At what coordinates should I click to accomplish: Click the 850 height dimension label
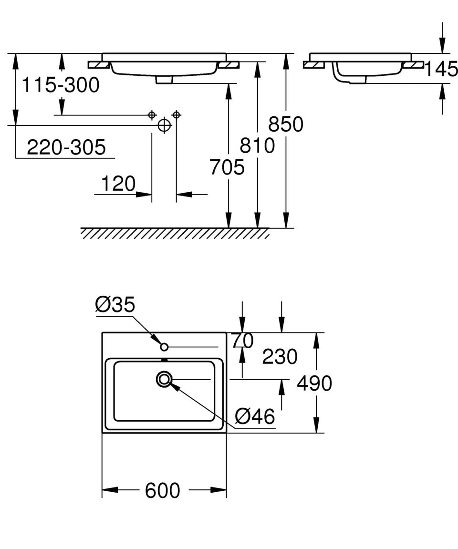(286, 124)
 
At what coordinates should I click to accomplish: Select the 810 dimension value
(257, 145)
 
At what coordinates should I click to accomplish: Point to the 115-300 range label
(61, 85)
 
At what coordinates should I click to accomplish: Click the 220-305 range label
(66, 147)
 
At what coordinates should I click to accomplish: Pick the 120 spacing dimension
(118, 184)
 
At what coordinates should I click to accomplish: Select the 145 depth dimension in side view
(441, 69)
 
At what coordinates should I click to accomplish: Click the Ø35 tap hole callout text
(115, 304)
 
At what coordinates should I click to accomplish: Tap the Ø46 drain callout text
(255, 416)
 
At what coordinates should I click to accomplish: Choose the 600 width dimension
(163, 490)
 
